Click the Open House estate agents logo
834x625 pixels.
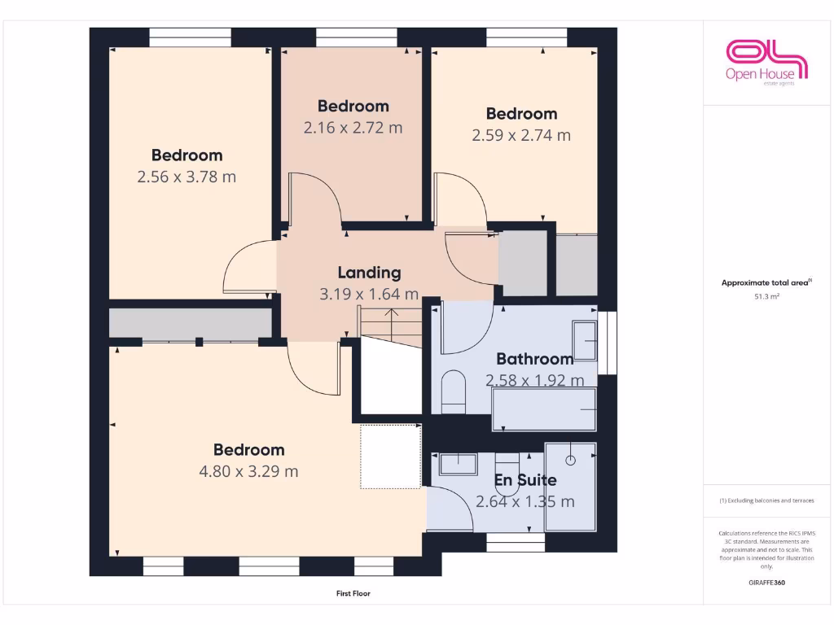pyautogui.click(x=766, y=62)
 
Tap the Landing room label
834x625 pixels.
pyautogui.click(x=369, y=273)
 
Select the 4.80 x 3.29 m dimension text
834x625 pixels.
pyautogui.click(x=248, y=471)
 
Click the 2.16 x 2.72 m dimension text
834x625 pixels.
pyautogui.click(x=353, y=128)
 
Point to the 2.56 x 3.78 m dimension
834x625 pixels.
pyautogui.click(x=187, y=177)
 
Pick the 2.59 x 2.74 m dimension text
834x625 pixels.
pyautogui.click(x=521, y=135)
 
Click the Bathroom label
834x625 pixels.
pyautogui.click(x=534, y=358)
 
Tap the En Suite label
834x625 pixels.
pyautogui.click(x=525, y=480)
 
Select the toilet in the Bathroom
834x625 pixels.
pyautogui.click(x=453, y=391)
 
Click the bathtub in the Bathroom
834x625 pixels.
pyautogui.click(x=544, y=409)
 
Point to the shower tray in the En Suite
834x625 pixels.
pyautogui.click(x=570, y=487)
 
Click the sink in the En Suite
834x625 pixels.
pyautogui.click(x=459, y=464)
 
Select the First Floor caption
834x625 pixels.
pyautogui.click(x=353, y=593)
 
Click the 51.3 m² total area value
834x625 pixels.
pyautogui.click(x=766, y=297)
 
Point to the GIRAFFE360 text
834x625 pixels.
pyautogui.click(x=766, y=583)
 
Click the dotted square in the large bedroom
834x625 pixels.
pyautogui.click(x=391, y=457)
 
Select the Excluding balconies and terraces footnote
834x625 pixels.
pyautogui.click(x=766, y=500)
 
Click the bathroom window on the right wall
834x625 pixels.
pyautogui.click(x=607, y=343)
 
